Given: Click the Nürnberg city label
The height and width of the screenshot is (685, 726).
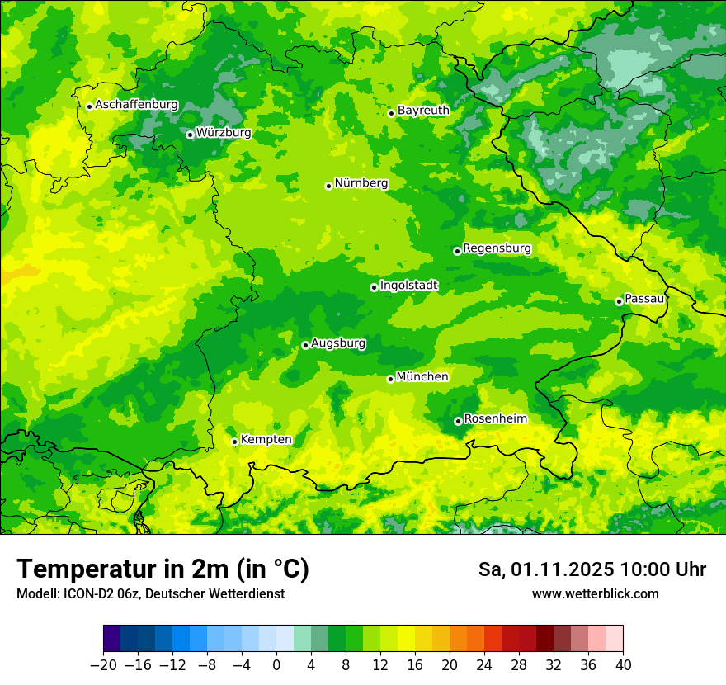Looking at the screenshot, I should [x=361, y=183].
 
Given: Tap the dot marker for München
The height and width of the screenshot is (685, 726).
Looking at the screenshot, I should [x=390, y=379].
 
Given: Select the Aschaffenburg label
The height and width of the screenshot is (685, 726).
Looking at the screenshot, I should [x=136, y=105].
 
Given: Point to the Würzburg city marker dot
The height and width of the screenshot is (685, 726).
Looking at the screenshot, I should [x=190, y=135].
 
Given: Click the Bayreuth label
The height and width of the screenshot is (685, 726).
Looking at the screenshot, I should [x=423, y=111].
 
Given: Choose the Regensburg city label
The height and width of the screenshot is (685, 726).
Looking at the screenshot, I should [x=497, y=248].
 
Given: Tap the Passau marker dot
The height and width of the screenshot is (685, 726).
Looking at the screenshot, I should [x=619, y=301].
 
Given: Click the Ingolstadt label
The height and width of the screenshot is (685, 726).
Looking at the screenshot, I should [x=408, y=286].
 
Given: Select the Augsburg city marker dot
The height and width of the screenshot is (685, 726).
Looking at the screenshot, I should [x=305, y=345].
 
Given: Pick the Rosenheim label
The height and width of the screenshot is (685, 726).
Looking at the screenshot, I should [x=495, y=419].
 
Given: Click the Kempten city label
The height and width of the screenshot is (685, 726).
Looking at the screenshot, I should [x=266, y=440].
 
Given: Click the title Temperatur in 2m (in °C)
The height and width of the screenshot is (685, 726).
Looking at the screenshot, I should [x=163, y=569].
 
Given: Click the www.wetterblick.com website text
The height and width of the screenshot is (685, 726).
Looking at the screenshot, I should [x=595, y=593].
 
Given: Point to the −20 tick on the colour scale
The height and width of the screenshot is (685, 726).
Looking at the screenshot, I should [x=103, y=664].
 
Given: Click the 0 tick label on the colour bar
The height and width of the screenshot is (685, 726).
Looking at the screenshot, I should [x=276, y=664].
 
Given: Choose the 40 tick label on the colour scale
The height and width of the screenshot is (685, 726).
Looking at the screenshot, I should [x=623, y=664].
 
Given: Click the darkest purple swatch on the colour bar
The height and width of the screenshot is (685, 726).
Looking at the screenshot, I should [x=111, y=639].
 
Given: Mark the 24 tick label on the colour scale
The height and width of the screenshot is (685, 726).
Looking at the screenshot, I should [x=484, y=664].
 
